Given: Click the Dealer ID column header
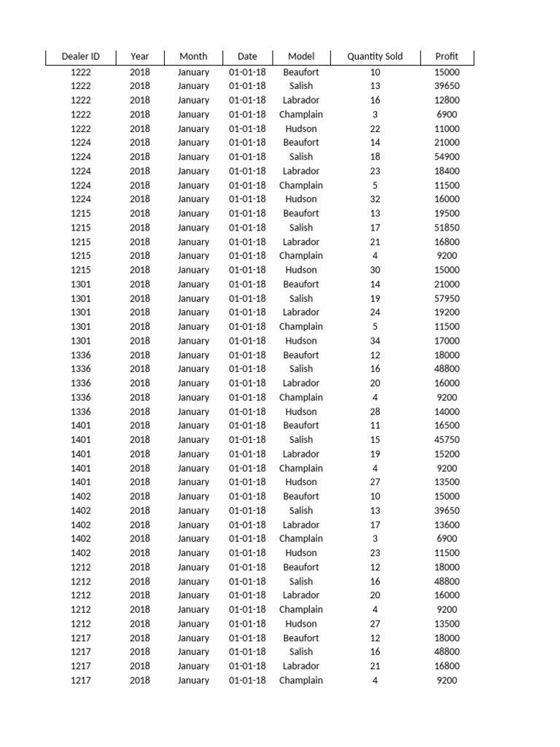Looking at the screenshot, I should [80, 56].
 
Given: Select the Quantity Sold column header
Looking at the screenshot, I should [375, 56].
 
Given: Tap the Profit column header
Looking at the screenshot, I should [447, 56].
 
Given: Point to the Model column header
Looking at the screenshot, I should [301, 56].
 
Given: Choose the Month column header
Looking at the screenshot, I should [193, 56].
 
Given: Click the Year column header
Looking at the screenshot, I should [139, 56].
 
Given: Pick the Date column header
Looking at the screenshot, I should [247, 56].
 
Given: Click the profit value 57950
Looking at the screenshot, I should [447, 298].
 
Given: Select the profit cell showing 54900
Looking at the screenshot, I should [447, 157].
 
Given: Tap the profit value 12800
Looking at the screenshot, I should [447, 100].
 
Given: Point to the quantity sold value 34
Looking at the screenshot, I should [375, 341].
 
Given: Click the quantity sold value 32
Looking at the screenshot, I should [375, 199].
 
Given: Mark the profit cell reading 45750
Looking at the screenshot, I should [447, 440].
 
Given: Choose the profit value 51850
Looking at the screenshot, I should [447, 228].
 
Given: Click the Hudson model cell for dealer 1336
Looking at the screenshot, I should [301, 411].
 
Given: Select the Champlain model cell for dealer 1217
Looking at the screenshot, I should [301, 681].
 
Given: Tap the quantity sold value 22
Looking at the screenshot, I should [375, 128].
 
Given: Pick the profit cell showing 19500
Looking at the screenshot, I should [447, 214].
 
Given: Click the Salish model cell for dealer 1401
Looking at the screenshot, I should [301, 440].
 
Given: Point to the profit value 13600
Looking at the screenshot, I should [447, 525].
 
